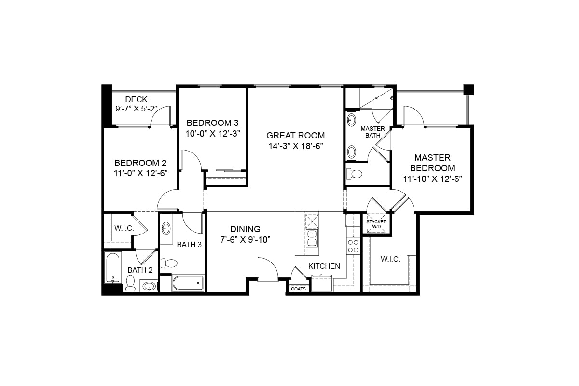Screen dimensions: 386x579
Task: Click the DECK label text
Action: click(x=136, y=100)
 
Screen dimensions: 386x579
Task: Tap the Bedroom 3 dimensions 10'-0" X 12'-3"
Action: click(x=213, y=133)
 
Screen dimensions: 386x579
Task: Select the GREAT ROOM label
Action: click(x=295, y=136)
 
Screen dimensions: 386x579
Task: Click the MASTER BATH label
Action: click(x=372, y=132)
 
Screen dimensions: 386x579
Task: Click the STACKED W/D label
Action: click(x=376, y=224)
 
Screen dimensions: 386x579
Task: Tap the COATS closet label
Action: click(x=298, y=289)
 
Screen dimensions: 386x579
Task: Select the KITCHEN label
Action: click(x=324, y=266)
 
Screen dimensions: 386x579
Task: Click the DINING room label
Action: click(x=245, y=229)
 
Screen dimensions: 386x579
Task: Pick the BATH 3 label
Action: click(x=189, y=245)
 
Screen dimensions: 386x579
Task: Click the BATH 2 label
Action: click(x=140, y=270)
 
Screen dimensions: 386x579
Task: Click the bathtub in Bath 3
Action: click(x=188, y=283)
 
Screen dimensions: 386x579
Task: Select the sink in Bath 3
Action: click(x=166, y=228)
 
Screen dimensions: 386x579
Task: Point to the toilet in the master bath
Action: click(x=356, y=174)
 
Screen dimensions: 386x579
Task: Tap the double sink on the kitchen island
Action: click(x=311, y=238)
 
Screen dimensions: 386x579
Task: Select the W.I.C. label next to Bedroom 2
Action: click(x=124, y=228)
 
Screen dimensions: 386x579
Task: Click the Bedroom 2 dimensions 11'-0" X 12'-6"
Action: click(x=140, y=174)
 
